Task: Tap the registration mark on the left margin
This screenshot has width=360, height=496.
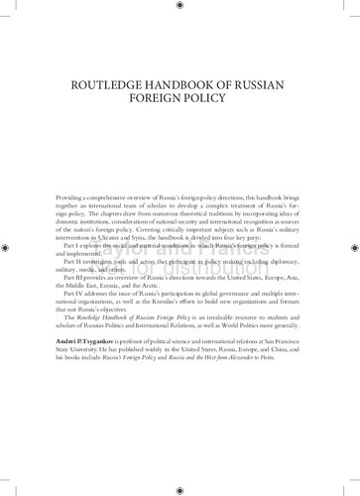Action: pos(9,247)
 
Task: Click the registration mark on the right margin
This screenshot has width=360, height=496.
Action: pos(351,247)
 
